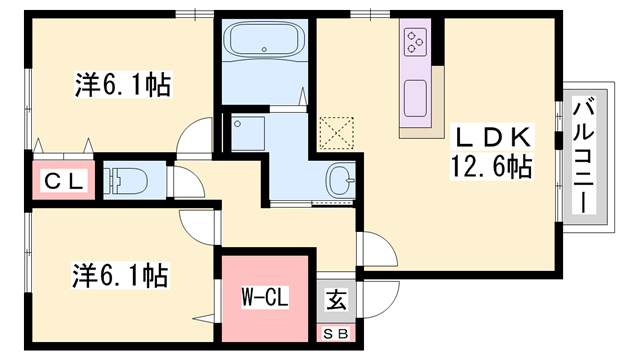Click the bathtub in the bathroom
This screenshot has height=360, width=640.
coord(262,43)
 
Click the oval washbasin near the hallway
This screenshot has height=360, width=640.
coord(341,181)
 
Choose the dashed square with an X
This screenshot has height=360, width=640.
coord(337,131)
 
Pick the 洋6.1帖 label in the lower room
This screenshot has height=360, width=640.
coord(120,271)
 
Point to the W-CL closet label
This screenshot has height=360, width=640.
coord(265,297)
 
